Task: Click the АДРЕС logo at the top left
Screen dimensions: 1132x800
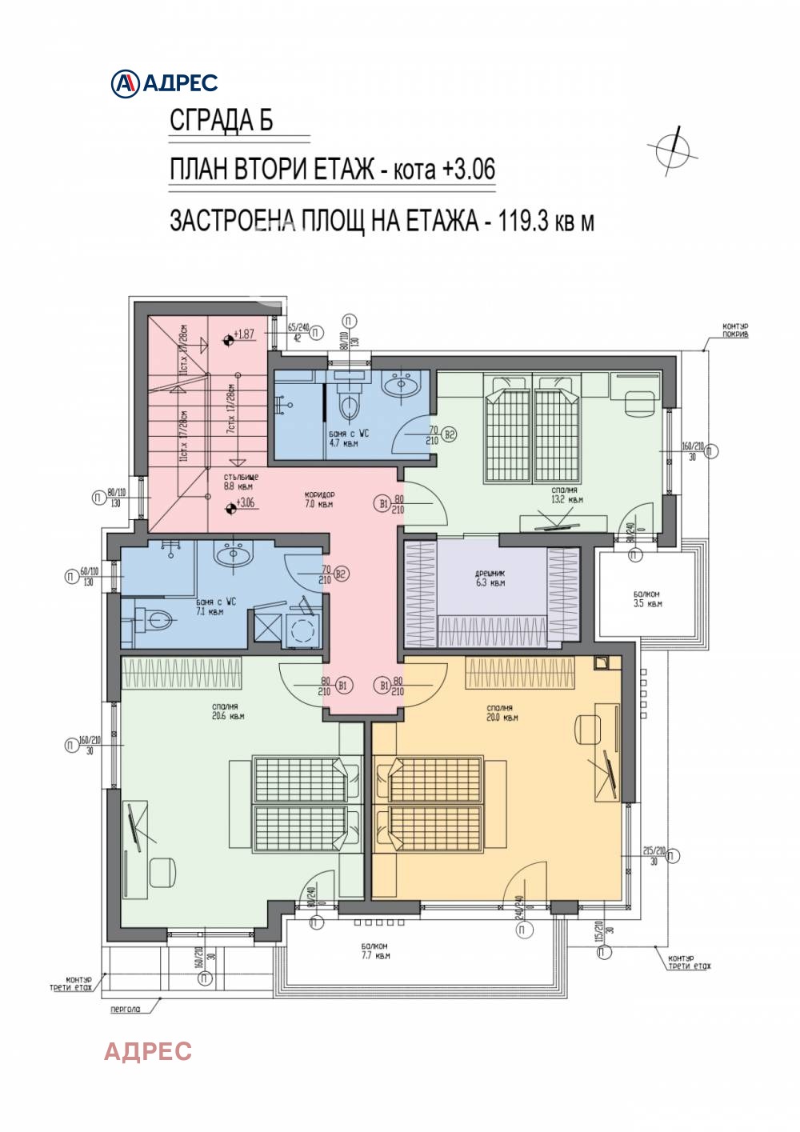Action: pos(164,82)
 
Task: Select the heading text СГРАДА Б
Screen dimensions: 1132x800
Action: pos(222,120)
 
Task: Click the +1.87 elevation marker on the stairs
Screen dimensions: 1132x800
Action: pos(239,335)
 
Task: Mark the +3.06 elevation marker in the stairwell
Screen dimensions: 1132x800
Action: pos(239,505)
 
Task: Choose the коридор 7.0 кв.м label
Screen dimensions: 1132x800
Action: pos(319,499)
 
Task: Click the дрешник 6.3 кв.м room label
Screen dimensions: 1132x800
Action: pos(490,578)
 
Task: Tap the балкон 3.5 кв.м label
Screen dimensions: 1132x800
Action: pos(647,598)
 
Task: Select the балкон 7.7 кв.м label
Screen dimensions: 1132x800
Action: pos(374,950)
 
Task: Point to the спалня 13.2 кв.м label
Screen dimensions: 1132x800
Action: pos(566,494)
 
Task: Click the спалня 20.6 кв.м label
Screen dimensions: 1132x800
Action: pos(228,711)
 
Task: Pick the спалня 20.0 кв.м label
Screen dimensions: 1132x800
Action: pos(501,712)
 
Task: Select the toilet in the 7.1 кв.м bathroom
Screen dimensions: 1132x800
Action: pos(157,619)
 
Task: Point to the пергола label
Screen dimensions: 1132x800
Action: pos(125,1009)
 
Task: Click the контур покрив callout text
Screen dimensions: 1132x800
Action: pos(734,330)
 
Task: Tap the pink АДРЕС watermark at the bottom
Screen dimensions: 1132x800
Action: pos(148,1050)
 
